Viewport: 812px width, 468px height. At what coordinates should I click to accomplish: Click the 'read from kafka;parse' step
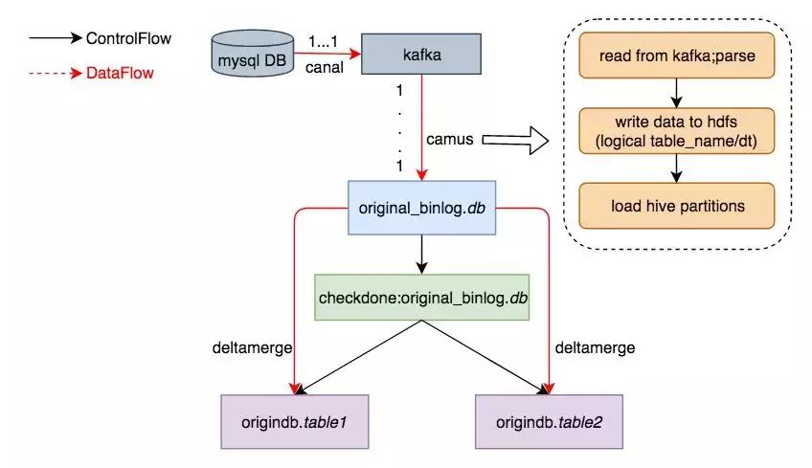[x=677, y=56]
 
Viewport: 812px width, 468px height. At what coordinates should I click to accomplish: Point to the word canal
[x=327, y=66]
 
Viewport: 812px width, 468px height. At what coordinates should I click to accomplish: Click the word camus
[x=450, y=140]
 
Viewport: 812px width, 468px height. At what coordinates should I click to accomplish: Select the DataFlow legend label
[x=119, y=71]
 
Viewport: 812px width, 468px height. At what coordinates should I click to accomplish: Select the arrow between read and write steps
[x=677, y=93]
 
